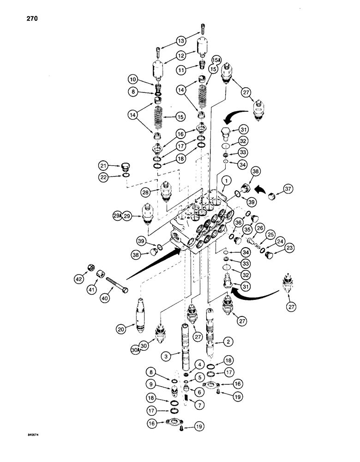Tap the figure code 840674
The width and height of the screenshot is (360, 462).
[x=36, y=434]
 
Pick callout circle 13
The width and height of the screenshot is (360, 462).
[x=180, y=40]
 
